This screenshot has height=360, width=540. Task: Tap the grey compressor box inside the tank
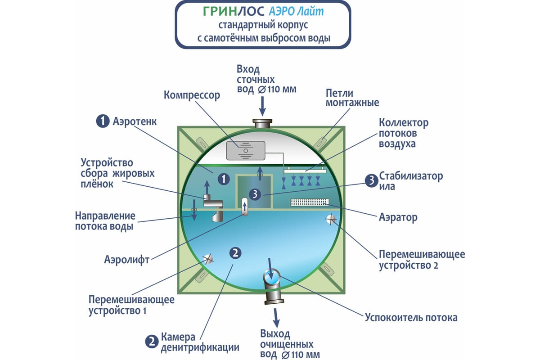(x=246, y=150)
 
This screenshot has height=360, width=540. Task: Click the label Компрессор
(x=192, y=95)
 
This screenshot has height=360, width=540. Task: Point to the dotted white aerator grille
(x=310, y=203)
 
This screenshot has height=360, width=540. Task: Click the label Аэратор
(x=398, y=217)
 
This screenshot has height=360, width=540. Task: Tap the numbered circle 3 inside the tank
(x=255, y=194)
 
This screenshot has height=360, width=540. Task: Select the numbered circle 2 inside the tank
(x=235, y=253)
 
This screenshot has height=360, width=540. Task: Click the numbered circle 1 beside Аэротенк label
(x=103, y=121)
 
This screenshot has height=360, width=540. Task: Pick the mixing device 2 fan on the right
(x=331, y=219)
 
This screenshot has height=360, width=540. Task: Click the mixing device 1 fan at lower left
(x=208, y=258)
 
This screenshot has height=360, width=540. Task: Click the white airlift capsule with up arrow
(x=245, y=207)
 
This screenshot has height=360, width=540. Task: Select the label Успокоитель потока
(x=411, y=318)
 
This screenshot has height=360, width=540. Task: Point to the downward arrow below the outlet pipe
(x=276, y=318)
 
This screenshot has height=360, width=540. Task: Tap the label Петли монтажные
(x=352, y=98)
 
